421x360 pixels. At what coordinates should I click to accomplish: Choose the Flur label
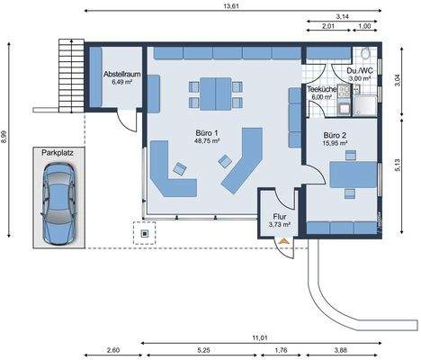coord(279,217)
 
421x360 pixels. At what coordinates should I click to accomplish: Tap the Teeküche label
coord(321,90)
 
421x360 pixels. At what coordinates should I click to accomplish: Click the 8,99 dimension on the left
coord(6,139)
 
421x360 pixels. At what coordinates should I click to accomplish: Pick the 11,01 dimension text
coord(259,337)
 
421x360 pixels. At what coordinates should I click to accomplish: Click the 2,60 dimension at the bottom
coord(113,349)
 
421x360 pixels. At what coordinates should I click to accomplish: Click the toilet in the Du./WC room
coord(368,54)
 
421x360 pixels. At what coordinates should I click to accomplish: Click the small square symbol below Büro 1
coord(142,235)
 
